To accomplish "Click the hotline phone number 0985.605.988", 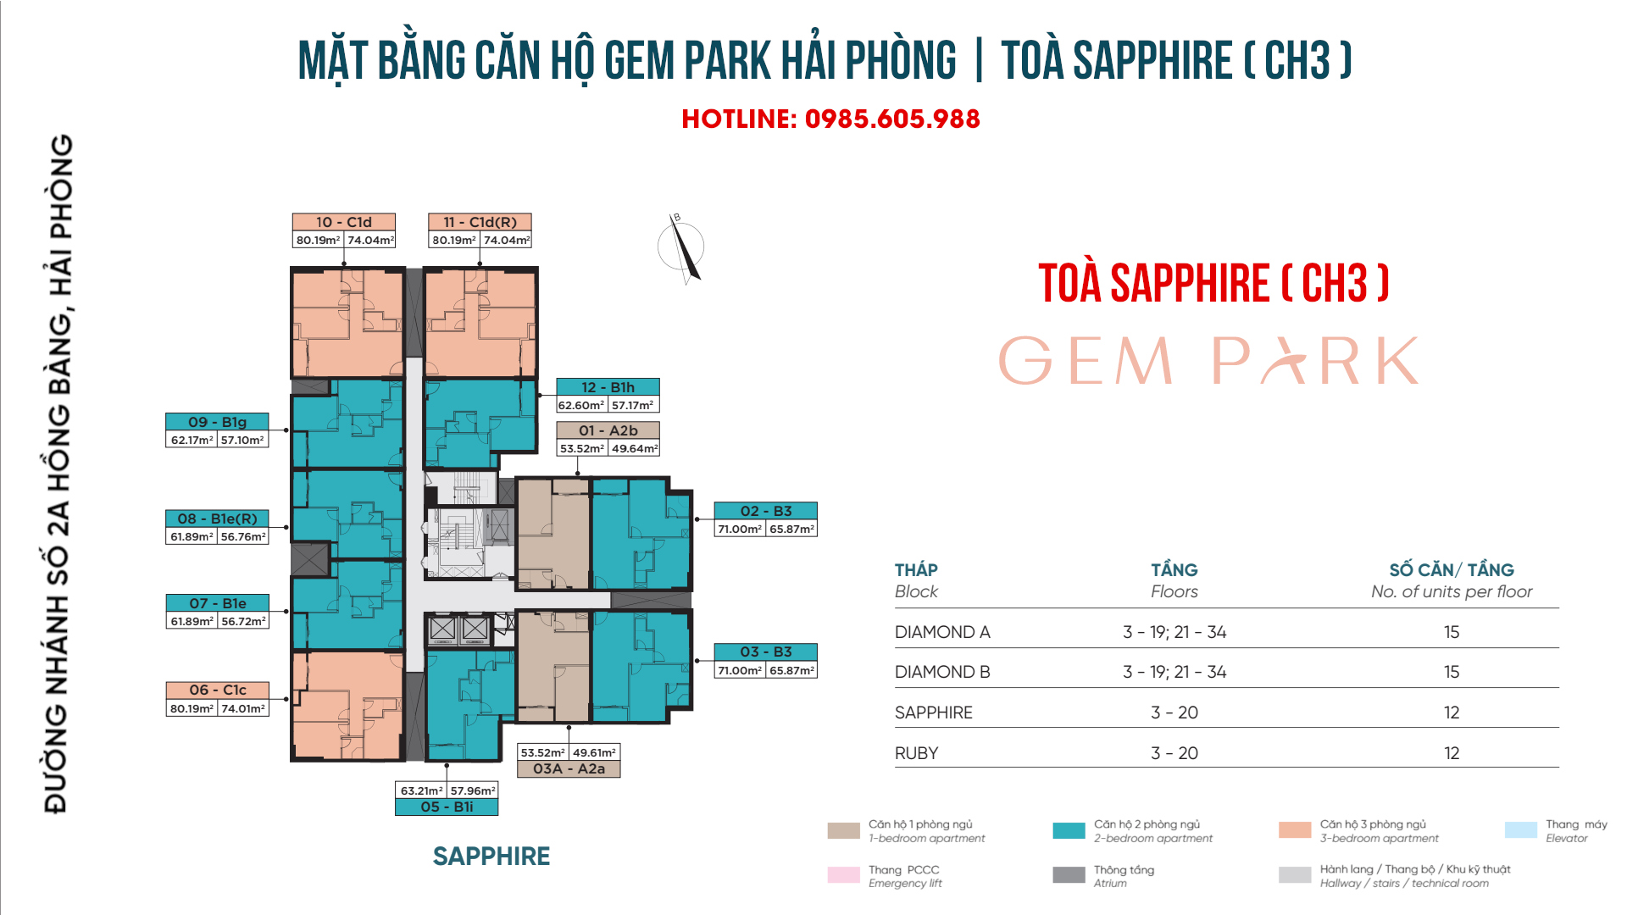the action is coord(892,119).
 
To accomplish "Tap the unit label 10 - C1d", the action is coord(344,222).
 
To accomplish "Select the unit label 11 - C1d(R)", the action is coord(480,222).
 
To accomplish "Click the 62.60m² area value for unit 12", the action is coord(581,405).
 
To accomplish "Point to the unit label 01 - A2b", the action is coord(608,430).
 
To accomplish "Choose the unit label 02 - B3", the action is coord(766,511).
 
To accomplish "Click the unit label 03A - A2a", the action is coord(569,768).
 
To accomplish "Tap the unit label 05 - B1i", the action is coord(447,807).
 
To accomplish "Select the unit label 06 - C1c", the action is coord(218,690).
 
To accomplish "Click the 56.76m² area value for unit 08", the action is coord(243,536).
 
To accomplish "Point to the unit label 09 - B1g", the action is coord(217,422).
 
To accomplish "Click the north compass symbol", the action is coord(682,247).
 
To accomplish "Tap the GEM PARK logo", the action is coord(1209,360).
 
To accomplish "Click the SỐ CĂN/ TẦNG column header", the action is coord(1452,569).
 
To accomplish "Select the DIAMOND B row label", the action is coord(942,672).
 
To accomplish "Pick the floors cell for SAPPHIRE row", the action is coord(1174,713).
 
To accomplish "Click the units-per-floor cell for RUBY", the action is coord(1452,753).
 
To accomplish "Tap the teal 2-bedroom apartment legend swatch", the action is coord(1069,831).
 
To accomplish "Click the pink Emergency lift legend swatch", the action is coord(843,875).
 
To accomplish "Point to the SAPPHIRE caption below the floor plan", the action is coord(491,857).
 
